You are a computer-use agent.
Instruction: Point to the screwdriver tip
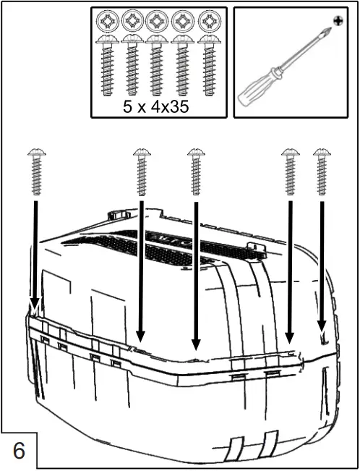click(x=329, y=30)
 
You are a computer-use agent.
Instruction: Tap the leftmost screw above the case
click(x=36, y=171)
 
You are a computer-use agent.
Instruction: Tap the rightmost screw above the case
click(x=321, y=171)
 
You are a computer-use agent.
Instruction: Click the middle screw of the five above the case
click(x=196, y=171)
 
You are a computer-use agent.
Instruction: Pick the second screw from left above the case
click(x=142, y=171)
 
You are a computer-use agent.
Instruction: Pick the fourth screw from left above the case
click(x=291, y=171)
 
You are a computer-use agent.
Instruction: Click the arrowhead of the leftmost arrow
click(x=34, y=304)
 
